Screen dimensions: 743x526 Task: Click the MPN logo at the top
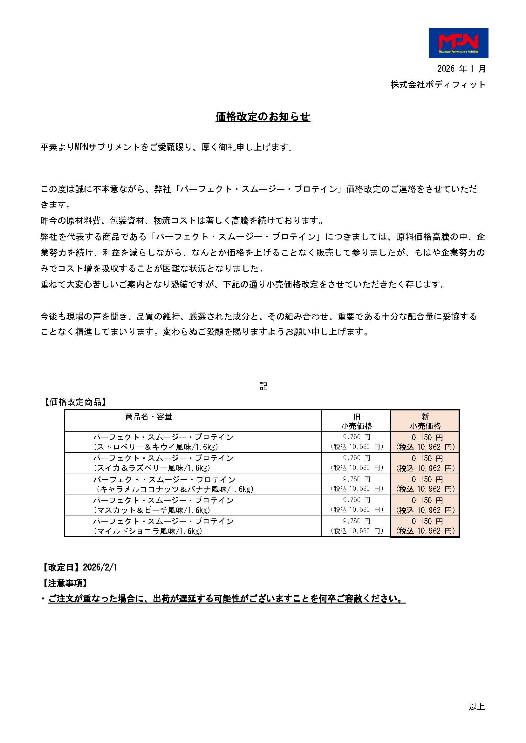click(458, 43)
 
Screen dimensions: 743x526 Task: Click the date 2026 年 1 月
click(461, 69)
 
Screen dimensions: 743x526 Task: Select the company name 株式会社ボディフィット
click(438, 85)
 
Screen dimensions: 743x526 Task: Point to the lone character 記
click(263, 386)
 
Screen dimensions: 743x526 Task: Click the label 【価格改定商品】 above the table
click(74, 402)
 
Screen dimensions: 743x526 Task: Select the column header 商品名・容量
click(149, 417)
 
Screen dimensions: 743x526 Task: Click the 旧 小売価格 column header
click(356, 421)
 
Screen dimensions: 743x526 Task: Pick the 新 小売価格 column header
click(425, 421)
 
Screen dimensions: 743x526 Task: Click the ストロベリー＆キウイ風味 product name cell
click(163, 442)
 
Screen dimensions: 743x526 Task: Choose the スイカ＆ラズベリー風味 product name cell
click(163, 463)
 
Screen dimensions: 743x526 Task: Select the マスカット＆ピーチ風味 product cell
click(163, 505)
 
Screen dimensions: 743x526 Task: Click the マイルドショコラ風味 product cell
click(163, 526)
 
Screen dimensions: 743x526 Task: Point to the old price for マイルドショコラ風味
click(356, 526)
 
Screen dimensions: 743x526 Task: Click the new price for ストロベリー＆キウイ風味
click(425, 442)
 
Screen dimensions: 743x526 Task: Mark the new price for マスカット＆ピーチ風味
click(425, 505)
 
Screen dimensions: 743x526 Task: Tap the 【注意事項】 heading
click(65, 584)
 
